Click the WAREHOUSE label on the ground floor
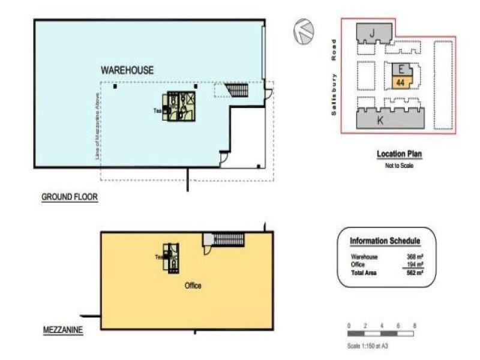click(127, 70)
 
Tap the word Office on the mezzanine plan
click(193, 286)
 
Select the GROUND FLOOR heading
click(70, 197)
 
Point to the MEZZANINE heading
click(62, 330)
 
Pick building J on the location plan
click(373, 34)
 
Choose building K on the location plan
click(380, 119)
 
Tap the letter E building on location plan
click(400, 68)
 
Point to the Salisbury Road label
click(335, 79)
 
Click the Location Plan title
click(399, 154)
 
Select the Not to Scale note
click(399, 166)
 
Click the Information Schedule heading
click(385, 241)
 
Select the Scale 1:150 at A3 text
click(372, 346)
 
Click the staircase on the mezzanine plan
click(227, 239)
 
